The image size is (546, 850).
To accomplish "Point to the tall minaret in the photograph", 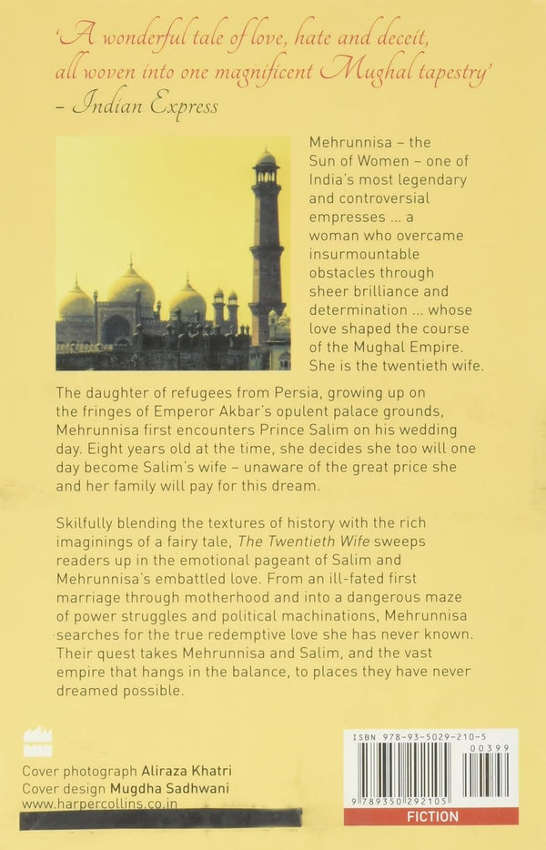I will [x=267, y=246].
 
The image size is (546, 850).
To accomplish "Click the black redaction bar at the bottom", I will [x=173, y=819].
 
